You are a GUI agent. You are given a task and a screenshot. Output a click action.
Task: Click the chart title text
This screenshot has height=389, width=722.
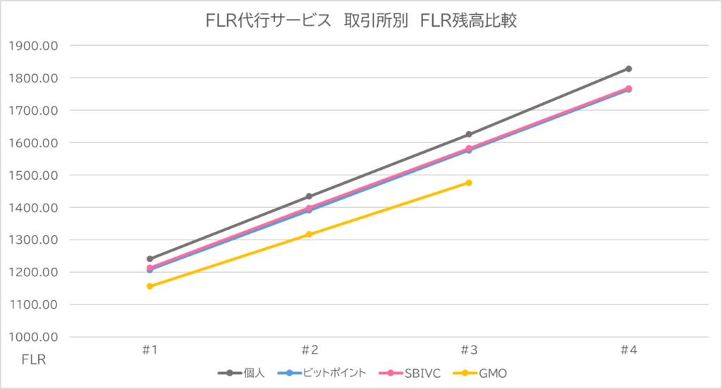click(361, 21)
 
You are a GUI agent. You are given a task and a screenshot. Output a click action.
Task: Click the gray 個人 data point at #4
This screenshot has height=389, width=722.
click(628, 69)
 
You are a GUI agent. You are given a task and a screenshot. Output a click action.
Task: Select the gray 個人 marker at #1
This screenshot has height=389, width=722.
click(149, 259)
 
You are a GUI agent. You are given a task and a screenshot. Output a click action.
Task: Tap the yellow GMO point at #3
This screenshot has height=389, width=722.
click(469, 183)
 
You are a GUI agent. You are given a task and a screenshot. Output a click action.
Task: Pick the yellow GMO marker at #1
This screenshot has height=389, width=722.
click(149, 286)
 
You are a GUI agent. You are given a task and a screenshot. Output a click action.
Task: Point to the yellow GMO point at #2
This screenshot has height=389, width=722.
click(309, 234)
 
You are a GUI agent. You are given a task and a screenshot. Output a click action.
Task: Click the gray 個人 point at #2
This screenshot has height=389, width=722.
click(309, 197)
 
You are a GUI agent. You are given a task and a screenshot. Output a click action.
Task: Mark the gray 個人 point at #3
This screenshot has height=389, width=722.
click(469, 134)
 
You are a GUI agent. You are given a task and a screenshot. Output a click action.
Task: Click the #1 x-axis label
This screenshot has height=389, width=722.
click(149, 350)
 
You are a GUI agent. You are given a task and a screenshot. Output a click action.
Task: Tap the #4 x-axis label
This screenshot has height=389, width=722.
click(628, 350)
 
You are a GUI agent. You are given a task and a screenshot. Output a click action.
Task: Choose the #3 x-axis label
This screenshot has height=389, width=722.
click(469, 350)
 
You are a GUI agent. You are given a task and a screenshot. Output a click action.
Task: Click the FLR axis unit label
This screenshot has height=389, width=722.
click(33, 360)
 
